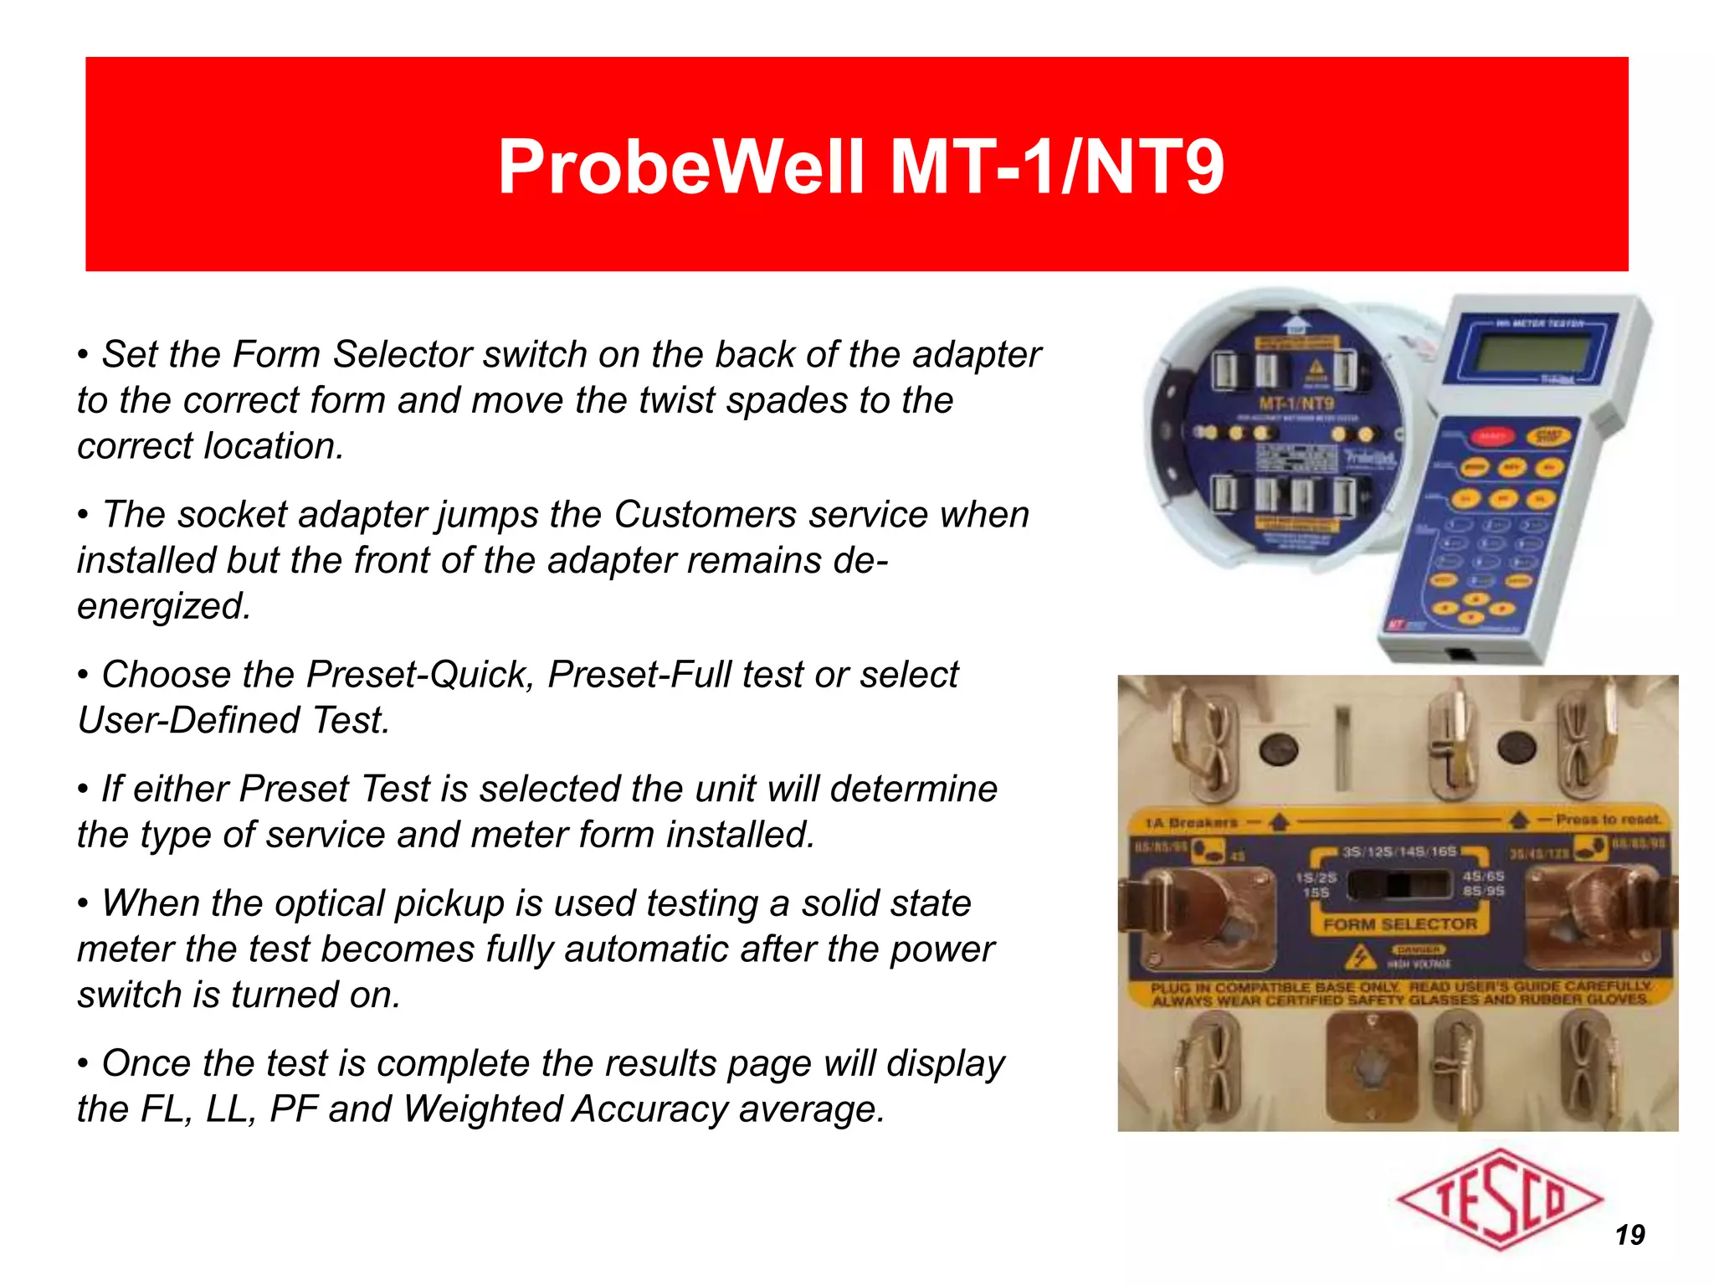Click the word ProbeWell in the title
click(x=680, y=167)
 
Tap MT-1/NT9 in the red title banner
click(x=1056, y=167)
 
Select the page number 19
click(x=1629, y=1235)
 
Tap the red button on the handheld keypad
click(x=1492, y=435)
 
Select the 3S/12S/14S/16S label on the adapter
click(x=1399, y=851)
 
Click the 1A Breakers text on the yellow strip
click(x=1191, y=823)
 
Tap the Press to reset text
click(x=1608, y=820)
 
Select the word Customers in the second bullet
click(x=705, y=514)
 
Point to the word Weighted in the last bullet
click(x=484, y=1109)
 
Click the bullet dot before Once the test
click(x=83, y=1064)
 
